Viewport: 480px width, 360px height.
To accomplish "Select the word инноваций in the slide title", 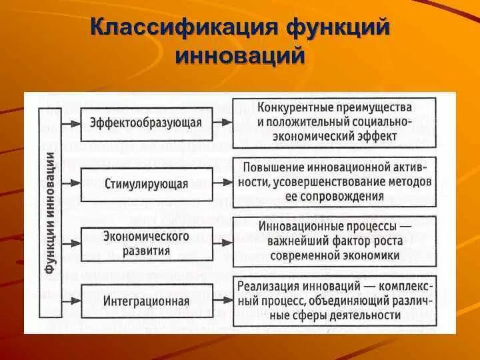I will pos(241,54).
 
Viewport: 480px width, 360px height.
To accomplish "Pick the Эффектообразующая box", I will pos(146,122).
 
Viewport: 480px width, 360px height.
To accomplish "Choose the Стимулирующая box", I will pos(146,183).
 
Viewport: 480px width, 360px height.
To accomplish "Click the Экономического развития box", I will pos(146,243).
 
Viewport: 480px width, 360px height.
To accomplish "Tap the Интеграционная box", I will pos(146,301).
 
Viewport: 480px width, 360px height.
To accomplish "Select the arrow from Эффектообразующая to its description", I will pos(223,122).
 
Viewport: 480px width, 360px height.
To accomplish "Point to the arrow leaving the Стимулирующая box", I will pos(223,183).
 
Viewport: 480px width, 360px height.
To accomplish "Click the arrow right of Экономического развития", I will pos(223,243).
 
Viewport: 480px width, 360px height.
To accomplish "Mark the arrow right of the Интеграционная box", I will pos(223,301).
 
